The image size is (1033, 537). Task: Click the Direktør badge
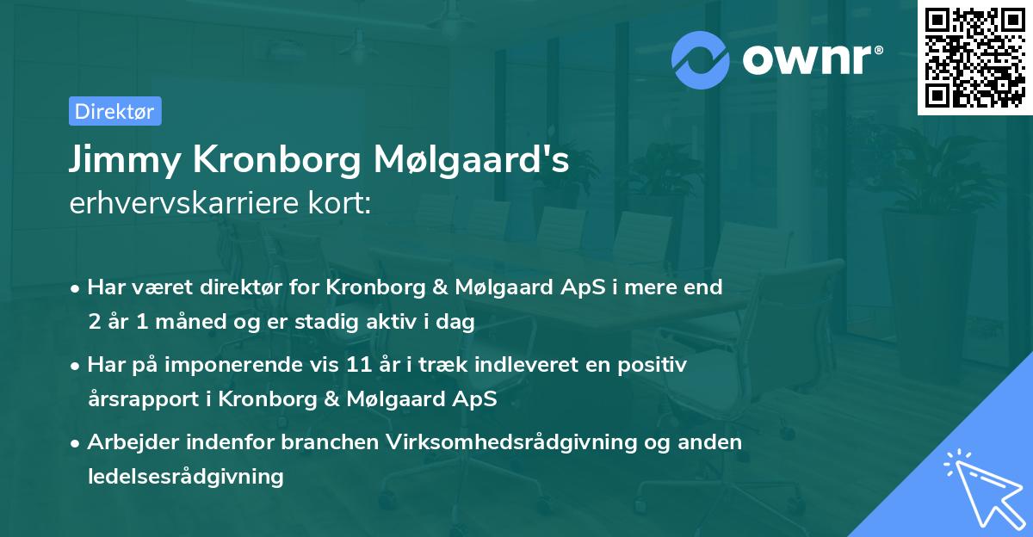click(114, 111)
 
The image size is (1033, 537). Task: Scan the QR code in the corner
click(975, 58)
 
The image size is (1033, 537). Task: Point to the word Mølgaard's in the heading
click(471, 160)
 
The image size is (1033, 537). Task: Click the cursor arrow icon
click(981, 487)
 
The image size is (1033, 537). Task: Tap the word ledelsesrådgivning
click(186, 476)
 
